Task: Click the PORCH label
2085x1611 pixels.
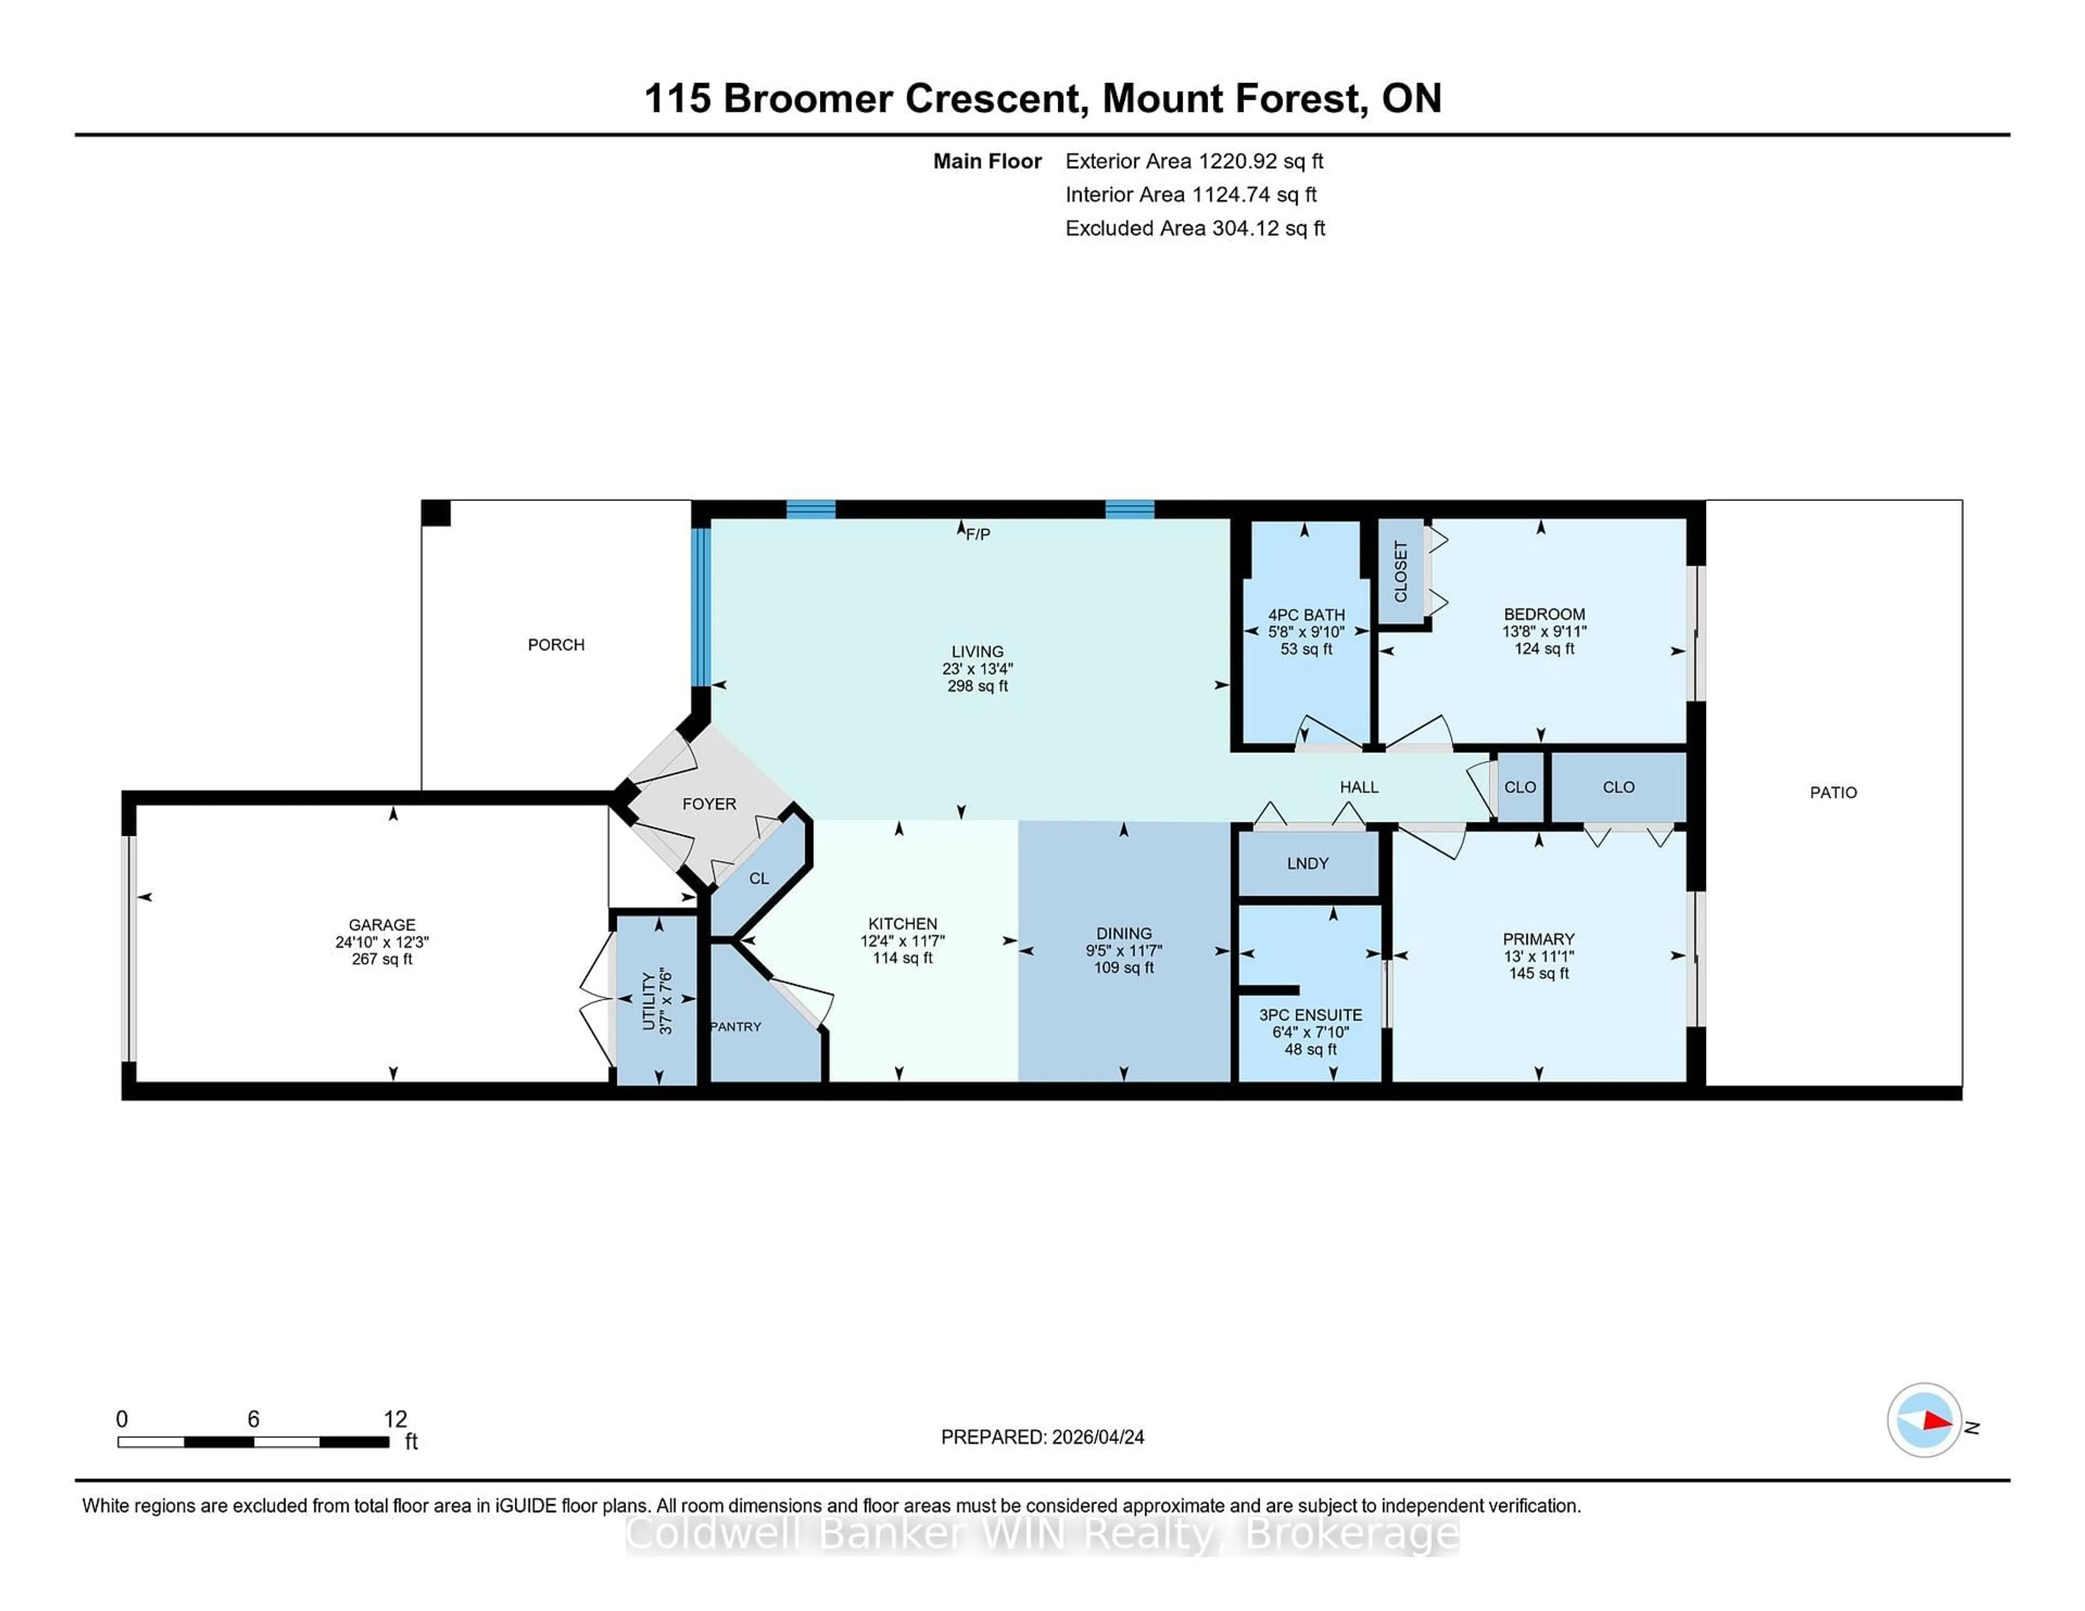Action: coord(555,645)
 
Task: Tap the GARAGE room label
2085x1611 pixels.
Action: coord(382,925)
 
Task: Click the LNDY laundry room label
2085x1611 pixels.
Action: coord(1307,864)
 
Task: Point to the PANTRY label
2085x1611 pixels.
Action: coord(736,1027)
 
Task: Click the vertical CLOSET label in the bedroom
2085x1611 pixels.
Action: coord(1400,572)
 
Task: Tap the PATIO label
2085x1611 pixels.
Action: coord(1833,792)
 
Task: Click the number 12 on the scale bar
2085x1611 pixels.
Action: coord(395,1419)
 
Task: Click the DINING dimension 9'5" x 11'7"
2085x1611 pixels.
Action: coord(1123,950)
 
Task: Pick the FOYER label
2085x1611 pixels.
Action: coord(709,804)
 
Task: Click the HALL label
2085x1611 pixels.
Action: coord(1359,788)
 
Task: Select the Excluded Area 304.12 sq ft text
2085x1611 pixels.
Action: coord(1195,228)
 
